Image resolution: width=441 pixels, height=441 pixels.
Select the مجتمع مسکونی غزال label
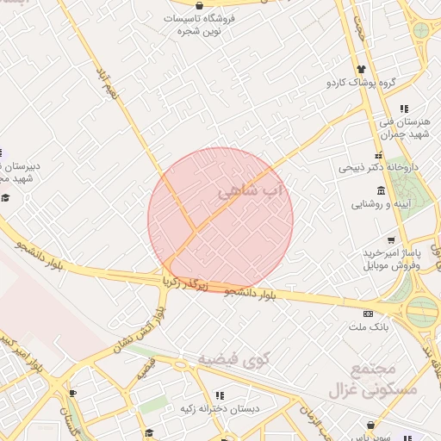(373, 381)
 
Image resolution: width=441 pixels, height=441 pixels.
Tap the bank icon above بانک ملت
(369, 313)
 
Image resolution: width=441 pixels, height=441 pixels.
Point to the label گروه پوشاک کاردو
(361, 83)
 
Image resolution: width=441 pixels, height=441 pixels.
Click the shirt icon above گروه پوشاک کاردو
(360, 69)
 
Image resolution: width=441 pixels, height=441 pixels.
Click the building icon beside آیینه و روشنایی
(355, 204)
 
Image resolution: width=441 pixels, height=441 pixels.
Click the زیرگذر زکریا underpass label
(186, 281)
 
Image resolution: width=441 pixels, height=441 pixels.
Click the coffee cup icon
(72, 394)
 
